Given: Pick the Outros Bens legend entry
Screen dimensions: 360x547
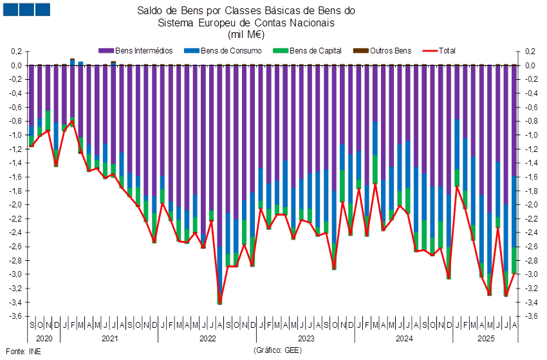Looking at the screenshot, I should point(389,50).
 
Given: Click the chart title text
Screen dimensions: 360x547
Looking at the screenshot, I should point(246,23).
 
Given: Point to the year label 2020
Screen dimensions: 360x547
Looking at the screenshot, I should point(44,337).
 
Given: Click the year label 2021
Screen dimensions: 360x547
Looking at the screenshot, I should point(109,337).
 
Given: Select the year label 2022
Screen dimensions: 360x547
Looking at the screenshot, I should point(207,337).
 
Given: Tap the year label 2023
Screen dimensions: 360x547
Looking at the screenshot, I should point(305,337).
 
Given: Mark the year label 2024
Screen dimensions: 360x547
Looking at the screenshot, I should point(403,337).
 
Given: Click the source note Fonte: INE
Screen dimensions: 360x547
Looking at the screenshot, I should point(23,352).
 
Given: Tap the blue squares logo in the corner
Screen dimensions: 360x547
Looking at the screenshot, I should point(26,9).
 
